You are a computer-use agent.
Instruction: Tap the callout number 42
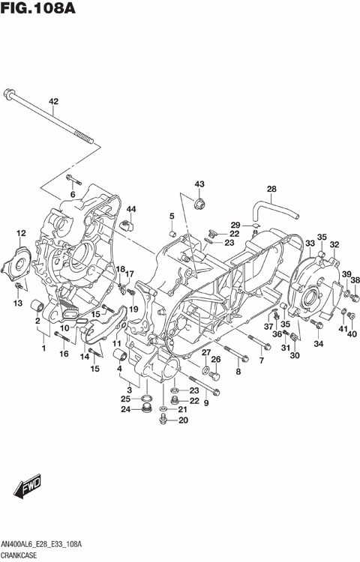(x=53, y=102)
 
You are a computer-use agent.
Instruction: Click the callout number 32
(x=334, y=244)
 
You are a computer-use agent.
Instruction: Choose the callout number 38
(x=355, y=280)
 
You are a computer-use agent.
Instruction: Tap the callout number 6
(x=73, y=195)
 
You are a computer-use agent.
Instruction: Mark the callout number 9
(x=205, y=402)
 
